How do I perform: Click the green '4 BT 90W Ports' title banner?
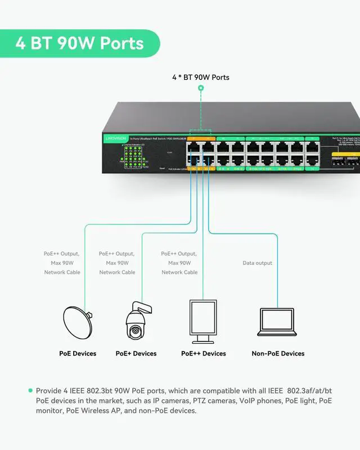[79, 44]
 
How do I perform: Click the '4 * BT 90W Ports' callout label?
[201, 77]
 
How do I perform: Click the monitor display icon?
[203, 321]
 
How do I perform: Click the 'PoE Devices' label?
[78, 354]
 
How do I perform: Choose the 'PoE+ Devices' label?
[136, 354]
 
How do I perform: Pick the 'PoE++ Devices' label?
[204, 354]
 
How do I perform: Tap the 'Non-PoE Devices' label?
[278, 354]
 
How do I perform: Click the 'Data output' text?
[257, 263]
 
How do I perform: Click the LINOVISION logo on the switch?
[116, 138]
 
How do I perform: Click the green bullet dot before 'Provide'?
[30, 390]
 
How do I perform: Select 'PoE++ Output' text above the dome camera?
[117, 254]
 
